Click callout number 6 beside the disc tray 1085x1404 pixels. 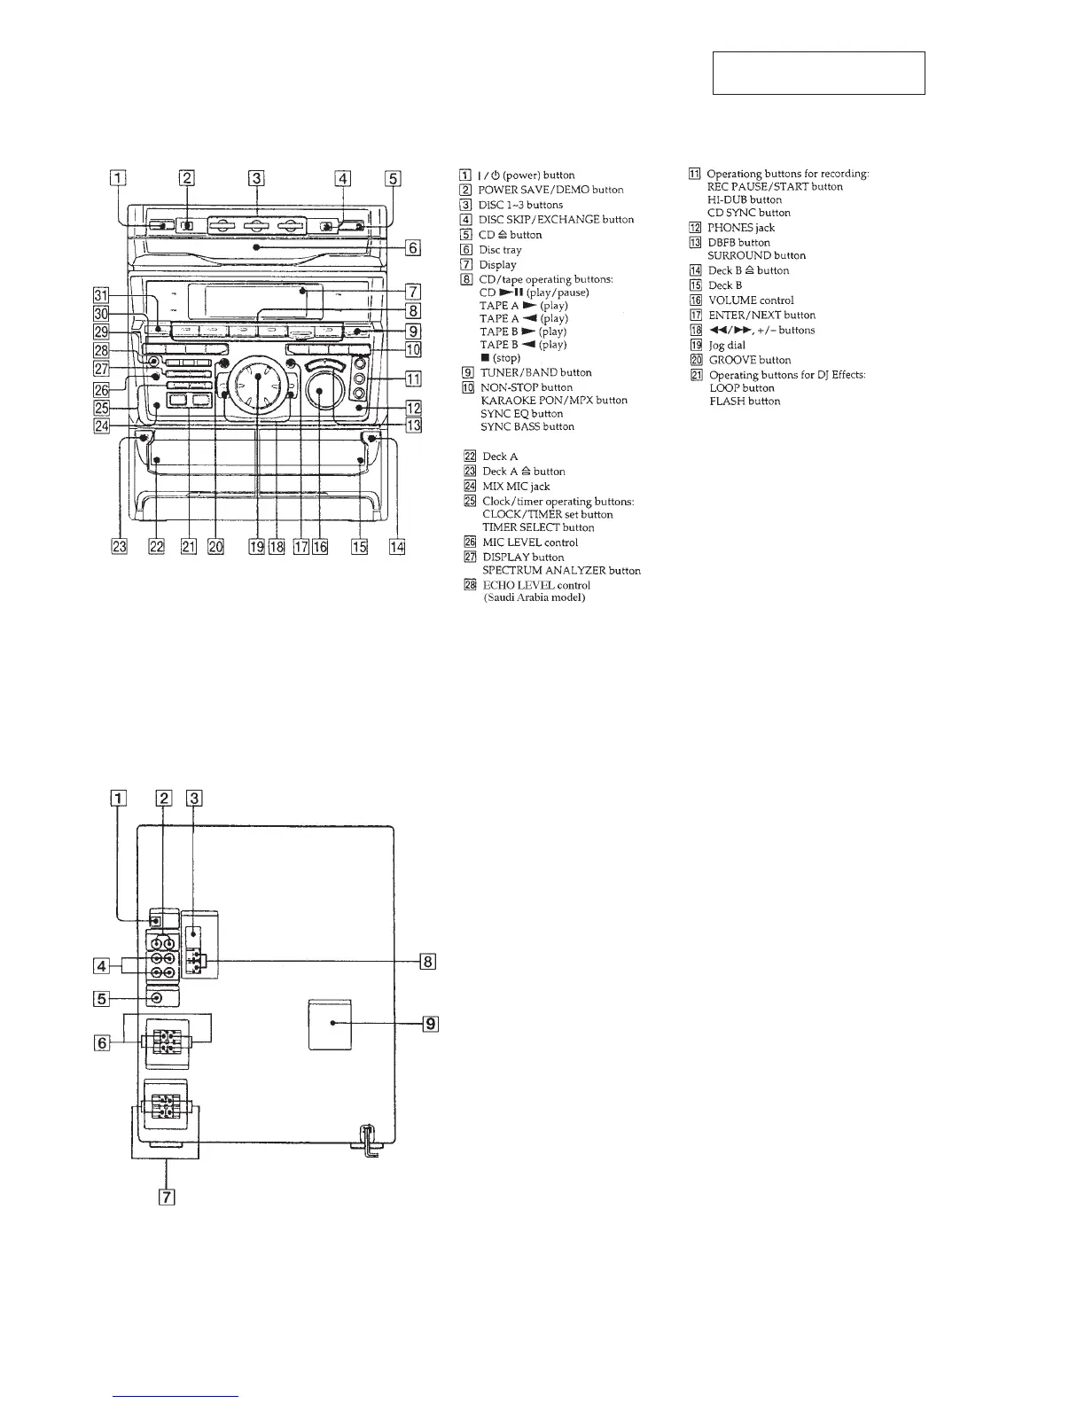(412, 248)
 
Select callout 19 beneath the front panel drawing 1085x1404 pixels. (256, 547)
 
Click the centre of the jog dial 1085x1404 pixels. (258, 377)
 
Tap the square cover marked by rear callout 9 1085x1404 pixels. (331, 1025)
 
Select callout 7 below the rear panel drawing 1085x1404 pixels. (166, 1197)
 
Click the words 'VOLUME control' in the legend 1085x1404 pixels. (751, 300)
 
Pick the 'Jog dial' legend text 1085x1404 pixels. (727, 345)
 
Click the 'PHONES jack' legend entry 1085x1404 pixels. (741, 228)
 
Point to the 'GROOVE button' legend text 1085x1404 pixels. (750, 360)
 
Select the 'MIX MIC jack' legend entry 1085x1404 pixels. (516, 487)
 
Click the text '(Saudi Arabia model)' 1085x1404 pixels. (534, 597)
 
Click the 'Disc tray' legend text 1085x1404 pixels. (500, 250)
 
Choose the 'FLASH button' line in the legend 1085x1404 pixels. (745, 402)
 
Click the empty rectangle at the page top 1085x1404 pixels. (819, 73)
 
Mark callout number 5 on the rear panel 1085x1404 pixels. (102, 998)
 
